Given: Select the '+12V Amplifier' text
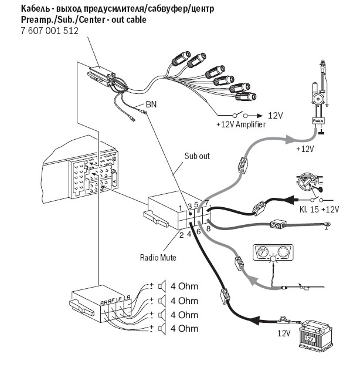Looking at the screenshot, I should pyautogui.click(x=240, y=125).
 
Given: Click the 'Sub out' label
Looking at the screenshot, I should pyautogui.click(x=197, y=157).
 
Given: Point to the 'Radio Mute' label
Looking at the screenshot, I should pyautogui.click(x=158, y=257).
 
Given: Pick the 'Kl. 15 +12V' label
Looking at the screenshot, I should pyautogui.click(x=318, y=209).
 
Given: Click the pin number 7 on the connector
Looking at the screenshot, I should pyautogui.click(x=206, y=203).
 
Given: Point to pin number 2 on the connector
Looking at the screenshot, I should pyautogui.click(x=181, y=235).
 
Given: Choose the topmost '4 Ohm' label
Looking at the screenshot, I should pyautogui.click(x=184, y=287).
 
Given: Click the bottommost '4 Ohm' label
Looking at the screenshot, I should pyautogui.click(x=184, y=329).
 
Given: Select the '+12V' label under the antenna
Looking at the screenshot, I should pyautogui.click(x=305, y=149).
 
